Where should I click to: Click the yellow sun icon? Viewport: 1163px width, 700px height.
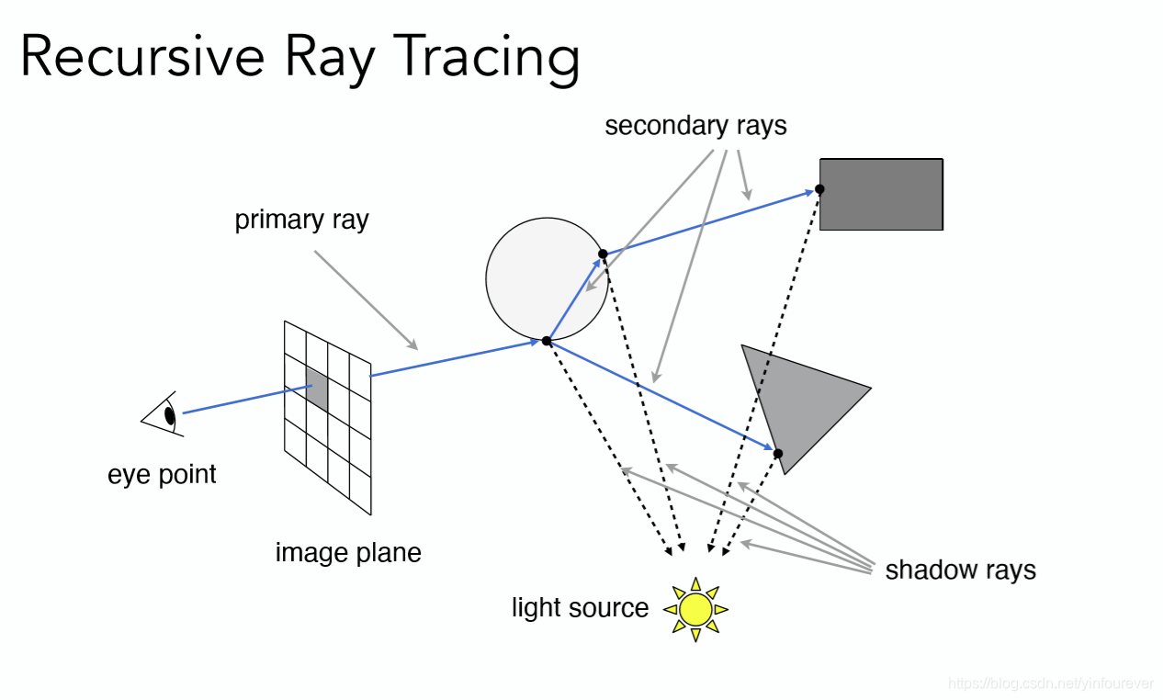click(695, 608)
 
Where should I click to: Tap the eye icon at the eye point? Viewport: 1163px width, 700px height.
click(164, 414)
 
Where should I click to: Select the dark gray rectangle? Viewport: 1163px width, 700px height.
click(881, 194)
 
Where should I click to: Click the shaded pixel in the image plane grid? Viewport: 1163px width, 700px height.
click(316, 389)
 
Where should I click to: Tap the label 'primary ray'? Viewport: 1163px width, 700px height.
click(301, 220)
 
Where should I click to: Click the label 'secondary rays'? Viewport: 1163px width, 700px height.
click(695, 126)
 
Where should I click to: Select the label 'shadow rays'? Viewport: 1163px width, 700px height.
click(960, 570)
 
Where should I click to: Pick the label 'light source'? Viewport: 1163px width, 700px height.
click(580, 608)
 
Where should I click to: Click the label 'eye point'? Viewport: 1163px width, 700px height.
click(162, 475)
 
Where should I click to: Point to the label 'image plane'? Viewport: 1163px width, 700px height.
click(348, 553)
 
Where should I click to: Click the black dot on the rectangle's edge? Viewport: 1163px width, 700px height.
click(819, 189)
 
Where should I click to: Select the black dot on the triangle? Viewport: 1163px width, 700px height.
click(777, 453)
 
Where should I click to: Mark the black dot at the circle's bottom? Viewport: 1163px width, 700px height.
click(547, 341)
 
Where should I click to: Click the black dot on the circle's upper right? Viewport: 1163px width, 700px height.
click(603, 254)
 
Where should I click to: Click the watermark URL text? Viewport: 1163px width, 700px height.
click(1051, 683)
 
